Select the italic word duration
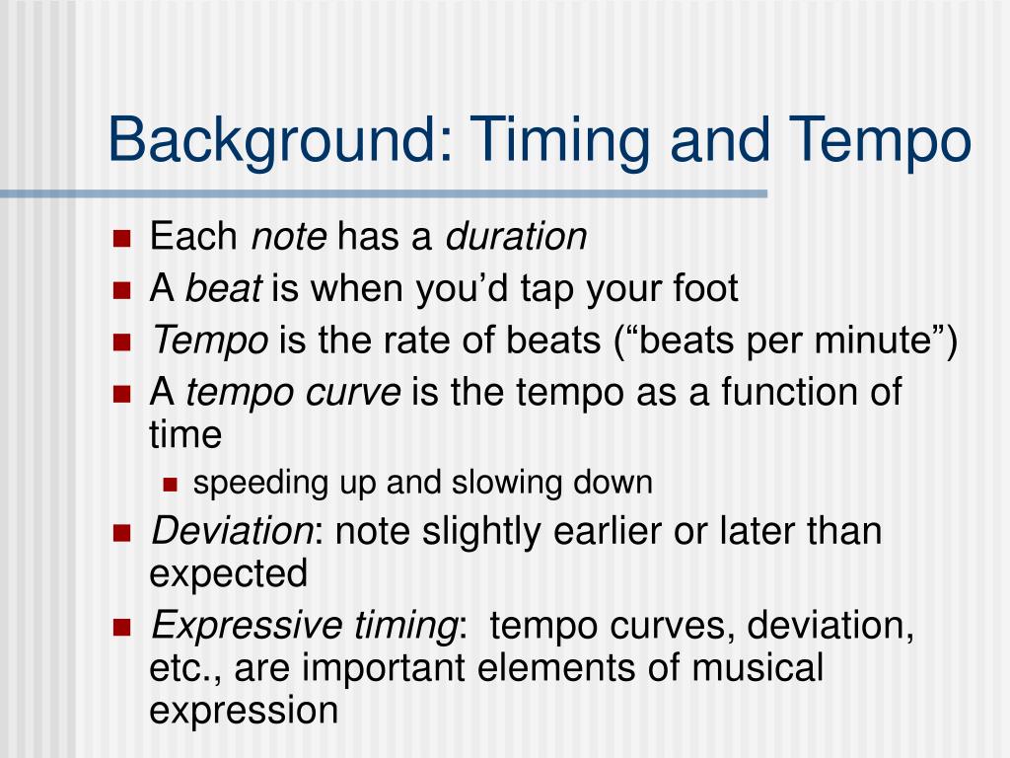[x=516, y=236]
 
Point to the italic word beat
[x=223, y=287]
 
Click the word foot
[x=705, y=287]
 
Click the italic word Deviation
[x=232, y=531]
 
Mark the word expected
[x=228, y=573]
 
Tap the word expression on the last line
[x=244, y=711]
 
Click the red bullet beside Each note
[x=121, y=238]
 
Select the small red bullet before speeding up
[x=170, y=485]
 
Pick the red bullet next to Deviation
[x=121, y=533]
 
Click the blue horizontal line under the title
[x=384, y=193]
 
